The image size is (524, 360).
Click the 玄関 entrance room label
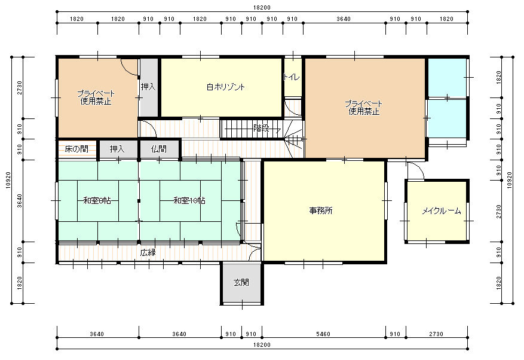pyautogui.click(x=241, y=282)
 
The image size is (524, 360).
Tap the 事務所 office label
pyautogui.click(x=321, y=210)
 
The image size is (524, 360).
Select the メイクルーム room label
pyautogui.click(x=442, y=210)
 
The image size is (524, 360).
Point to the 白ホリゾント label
pyautogui.click(x=226, y=87)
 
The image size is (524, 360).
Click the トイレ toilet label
pyautogui.click(x=292, y=77)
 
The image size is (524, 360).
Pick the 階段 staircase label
pyautogui.click(x=261, y=128)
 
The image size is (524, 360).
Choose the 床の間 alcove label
pyautogui.click(x=76, y=149)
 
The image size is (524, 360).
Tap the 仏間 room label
pyautogui.click(x=159, y=149)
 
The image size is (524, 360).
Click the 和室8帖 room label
pyautogui.click(x=97, y=200)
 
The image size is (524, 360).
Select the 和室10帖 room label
pyautogui.click(x=189, y=200)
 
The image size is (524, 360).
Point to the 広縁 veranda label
pyautogui.click(x=148, y=252)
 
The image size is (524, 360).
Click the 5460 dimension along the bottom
pyautogui.click(x=323, y=334)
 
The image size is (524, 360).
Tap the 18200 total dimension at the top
pyautogui.click(x=262, y=7)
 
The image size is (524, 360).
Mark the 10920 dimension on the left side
pyautogui.click(x=8, y=180)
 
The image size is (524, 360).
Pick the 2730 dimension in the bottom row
pyautogui.click(x=436, y=334)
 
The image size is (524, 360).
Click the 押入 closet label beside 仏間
pyautogui.click(x=117, y=149)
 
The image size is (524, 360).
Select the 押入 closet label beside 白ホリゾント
pyautogui.click(x=148, y=87)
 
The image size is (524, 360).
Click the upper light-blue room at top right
pyautogui.click(x=447, y=78)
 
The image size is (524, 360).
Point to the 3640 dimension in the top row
pyautogui.click(x=344, y=19)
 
